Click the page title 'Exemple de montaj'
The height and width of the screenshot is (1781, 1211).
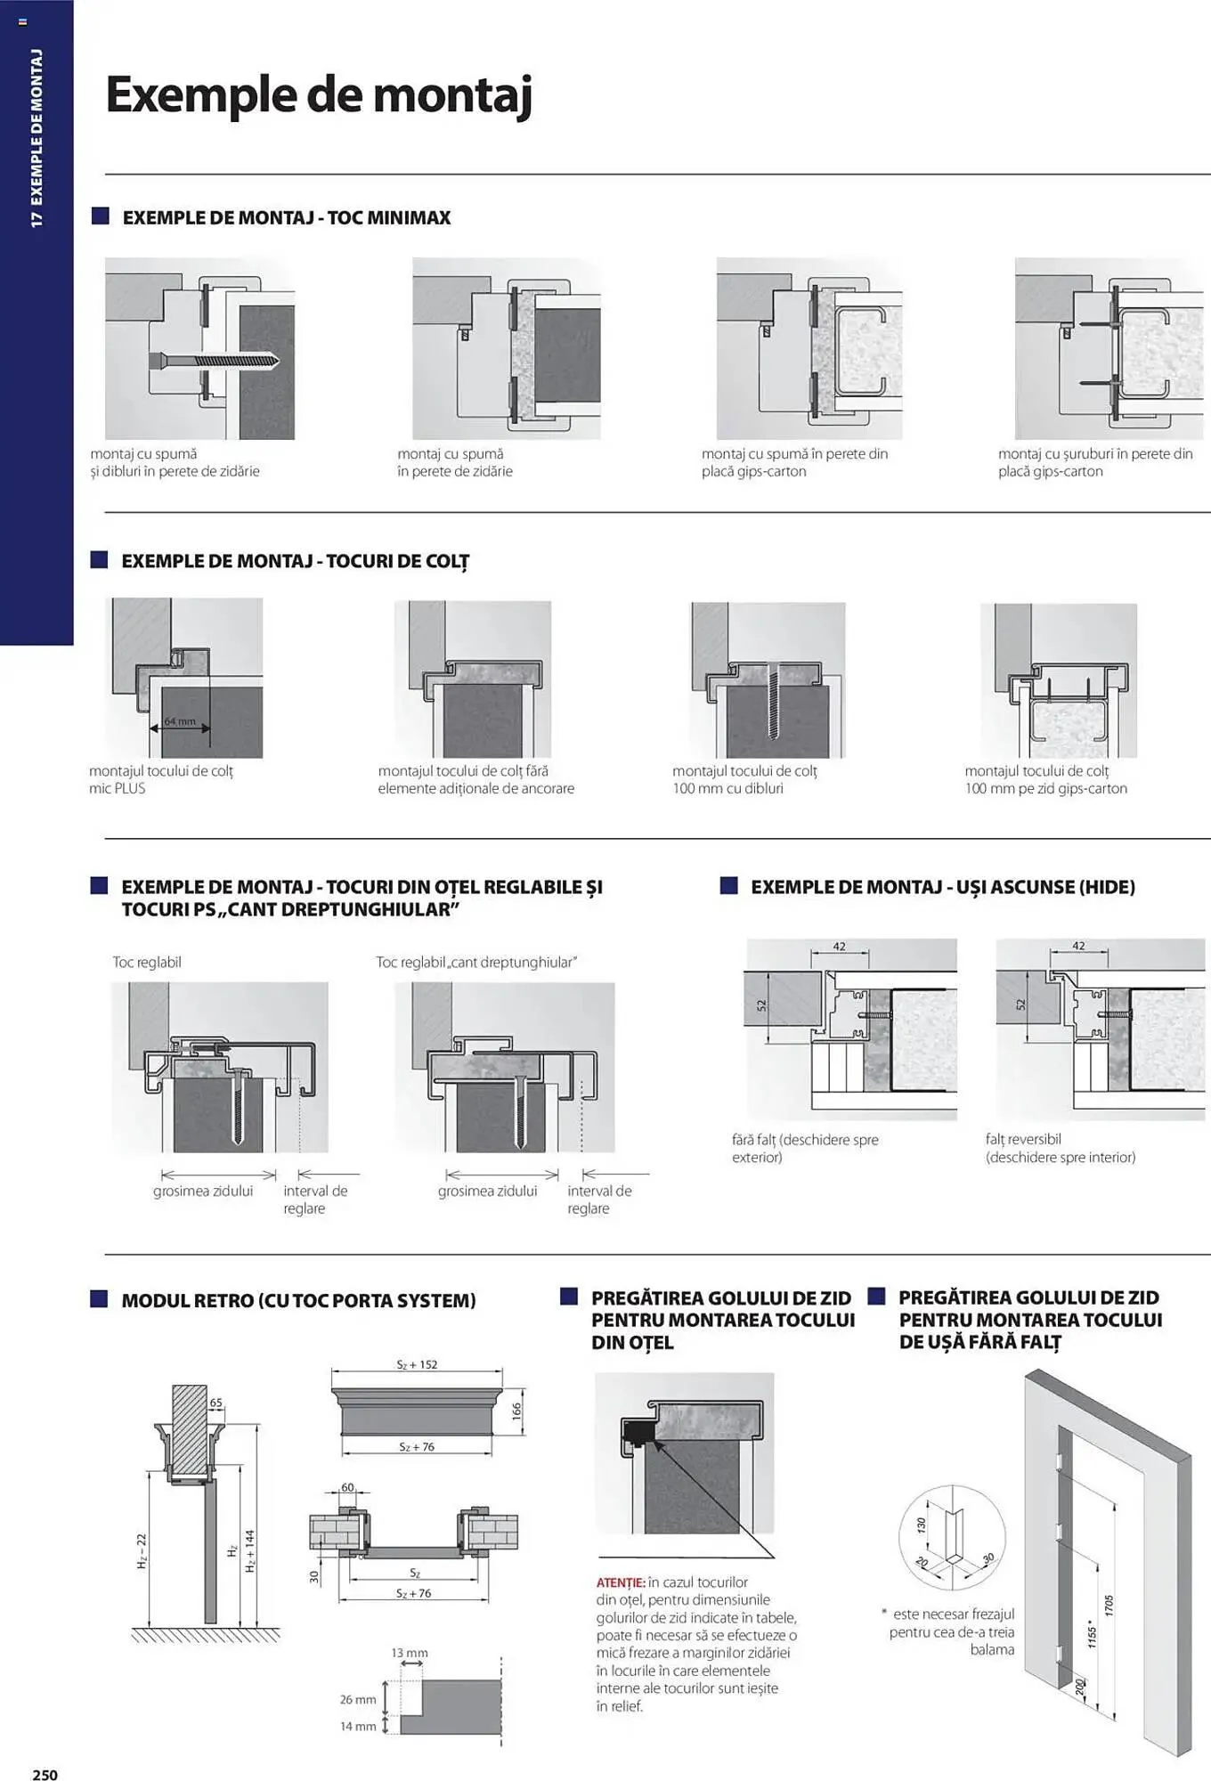pos(319,94)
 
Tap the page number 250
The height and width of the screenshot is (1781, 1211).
pos(45,1774)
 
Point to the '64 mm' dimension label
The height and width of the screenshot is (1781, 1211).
pos(180,721)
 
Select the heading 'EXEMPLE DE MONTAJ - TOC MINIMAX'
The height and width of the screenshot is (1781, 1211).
pos(286,218)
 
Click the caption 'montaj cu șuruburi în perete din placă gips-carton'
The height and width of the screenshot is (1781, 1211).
pos(1094,462)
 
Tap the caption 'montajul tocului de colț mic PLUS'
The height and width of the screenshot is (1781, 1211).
pos(160,779)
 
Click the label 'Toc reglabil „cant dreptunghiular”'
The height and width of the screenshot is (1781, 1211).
pos(476,962)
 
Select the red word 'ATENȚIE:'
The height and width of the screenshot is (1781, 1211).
pos(621,1582)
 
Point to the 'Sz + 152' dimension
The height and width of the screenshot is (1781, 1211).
pos(417,1364)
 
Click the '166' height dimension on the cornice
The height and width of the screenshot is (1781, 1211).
pos(516,1411)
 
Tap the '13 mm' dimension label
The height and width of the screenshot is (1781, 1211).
pos(410,1653)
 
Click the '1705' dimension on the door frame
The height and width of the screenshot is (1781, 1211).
pos(1109,1606)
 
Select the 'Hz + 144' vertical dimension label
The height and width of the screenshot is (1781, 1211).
pos(250,1550)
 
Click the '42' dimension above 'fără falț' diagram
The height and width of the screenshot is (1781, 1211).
pos(839,947)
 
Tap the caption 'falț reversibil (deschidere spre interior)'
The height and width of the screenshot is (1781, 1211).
pos(1060,1148)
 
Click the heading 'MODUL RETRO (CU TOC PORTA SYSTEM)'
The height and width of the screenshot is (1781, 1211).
pos(298,1300)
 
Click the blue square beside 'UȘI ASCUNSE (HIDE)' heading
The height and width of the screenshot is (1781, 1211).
pos(728,886)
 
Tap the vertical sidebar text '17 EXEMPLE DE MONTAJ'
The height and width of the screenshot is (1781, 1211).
pos(37,138)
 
